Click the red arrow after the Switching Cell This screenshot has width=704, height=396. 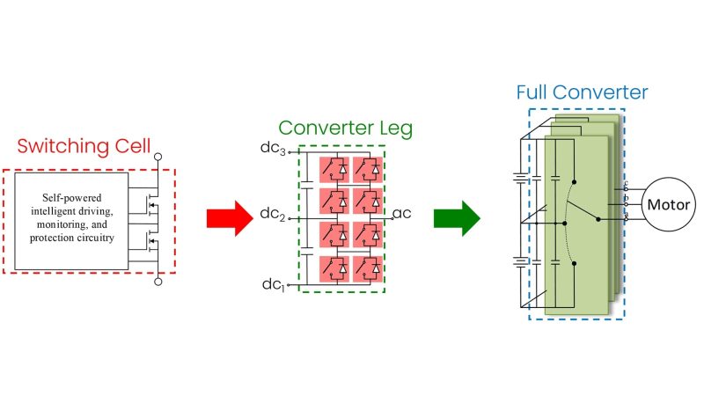pos(230,218)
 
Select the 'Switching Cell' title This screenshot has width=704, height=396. pos(83,146)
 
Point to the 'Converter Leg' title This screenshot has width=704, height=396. pos(347,128)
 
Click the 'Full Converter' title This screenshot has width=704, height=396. pos(582,92)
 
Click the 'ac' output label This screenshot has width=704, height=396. pos(403,214)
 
